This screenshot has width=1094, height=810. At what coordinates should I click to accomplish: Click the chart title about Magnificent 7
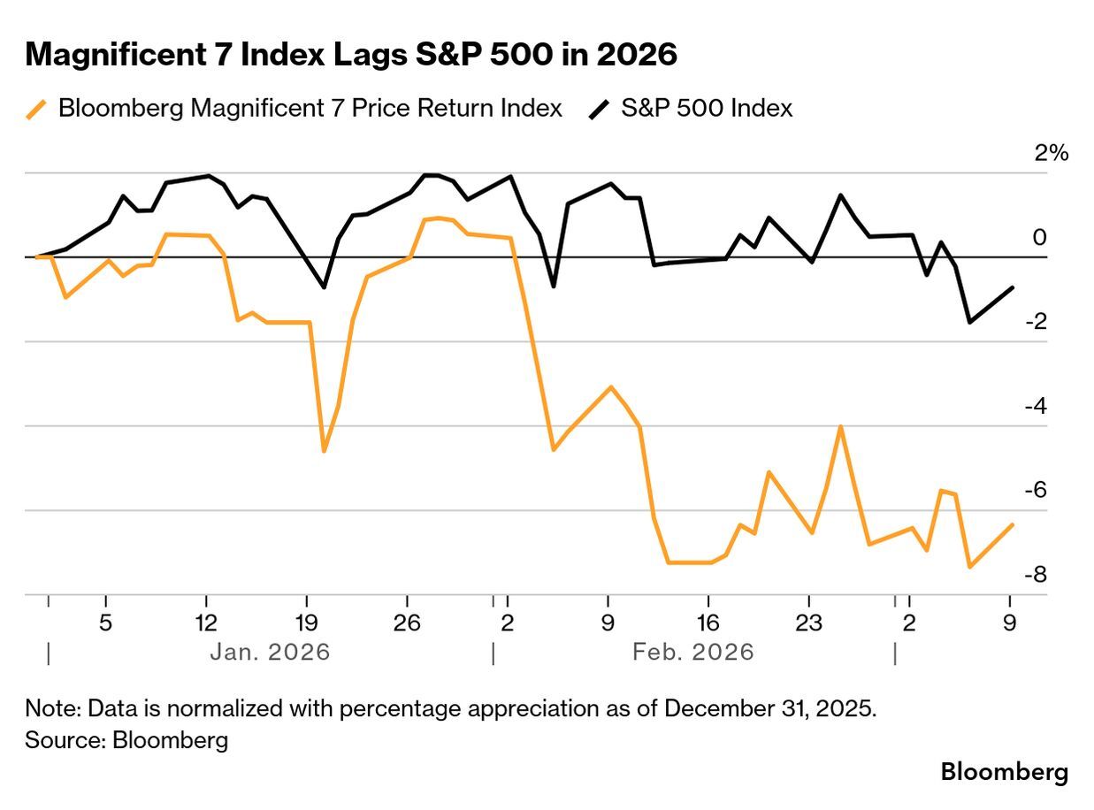click(351, 55)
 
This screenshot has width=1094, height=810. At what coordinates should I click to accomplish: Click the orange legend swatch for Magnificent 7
click(36, 110)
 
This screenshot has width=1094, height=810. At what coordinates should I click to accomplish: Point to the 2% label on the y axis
click(1052, 153)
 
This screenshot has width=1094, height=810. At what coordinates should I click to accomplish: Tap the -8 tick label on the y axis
click(1037, 575)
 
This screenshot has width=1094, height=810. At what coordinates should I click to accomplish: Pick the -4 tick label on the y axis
click(1037, 406)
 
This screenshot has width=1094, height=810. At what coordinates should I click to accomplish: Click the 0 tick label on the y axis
click(1040, 237)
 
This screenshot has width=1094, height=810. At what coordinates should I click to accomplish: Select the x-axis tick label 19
click(305, 622)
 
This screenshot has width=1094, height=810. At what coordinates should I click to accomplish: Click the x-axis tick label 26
click(406, 622)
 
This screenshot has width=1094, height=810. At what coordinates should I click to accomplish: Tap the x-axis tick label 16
click(708, 622)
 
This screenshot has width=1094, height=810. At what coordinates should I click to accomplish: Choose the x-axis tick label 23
click(808, 622)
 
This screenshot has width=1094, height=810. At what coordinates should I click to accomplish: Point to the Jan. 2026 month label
click(270, 653)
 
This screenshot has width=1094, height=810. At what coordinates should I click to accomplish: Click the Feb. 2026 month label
click(693, 653)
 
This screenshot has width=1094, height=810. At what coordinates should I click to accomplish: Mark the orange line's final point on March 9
click(1013, 524)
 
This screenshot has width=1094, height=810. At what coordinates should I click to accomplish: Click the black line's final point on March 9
click(1013, 287)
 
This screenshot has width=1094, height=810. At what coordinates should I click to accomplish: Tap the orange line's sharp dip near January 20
click(324, 451)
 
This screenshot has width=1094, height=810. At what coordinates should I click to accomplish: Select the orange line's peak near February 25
click(840, 427)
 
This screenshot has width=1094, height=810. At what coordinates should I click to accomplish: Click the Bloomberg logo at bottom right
click(1004, 772)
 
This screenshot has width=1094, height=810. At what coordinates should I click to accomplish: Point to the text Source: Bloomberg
click(126, 740)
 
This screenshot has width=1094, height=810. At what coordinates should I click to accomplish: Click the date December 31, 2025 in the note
click(769, 709)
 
